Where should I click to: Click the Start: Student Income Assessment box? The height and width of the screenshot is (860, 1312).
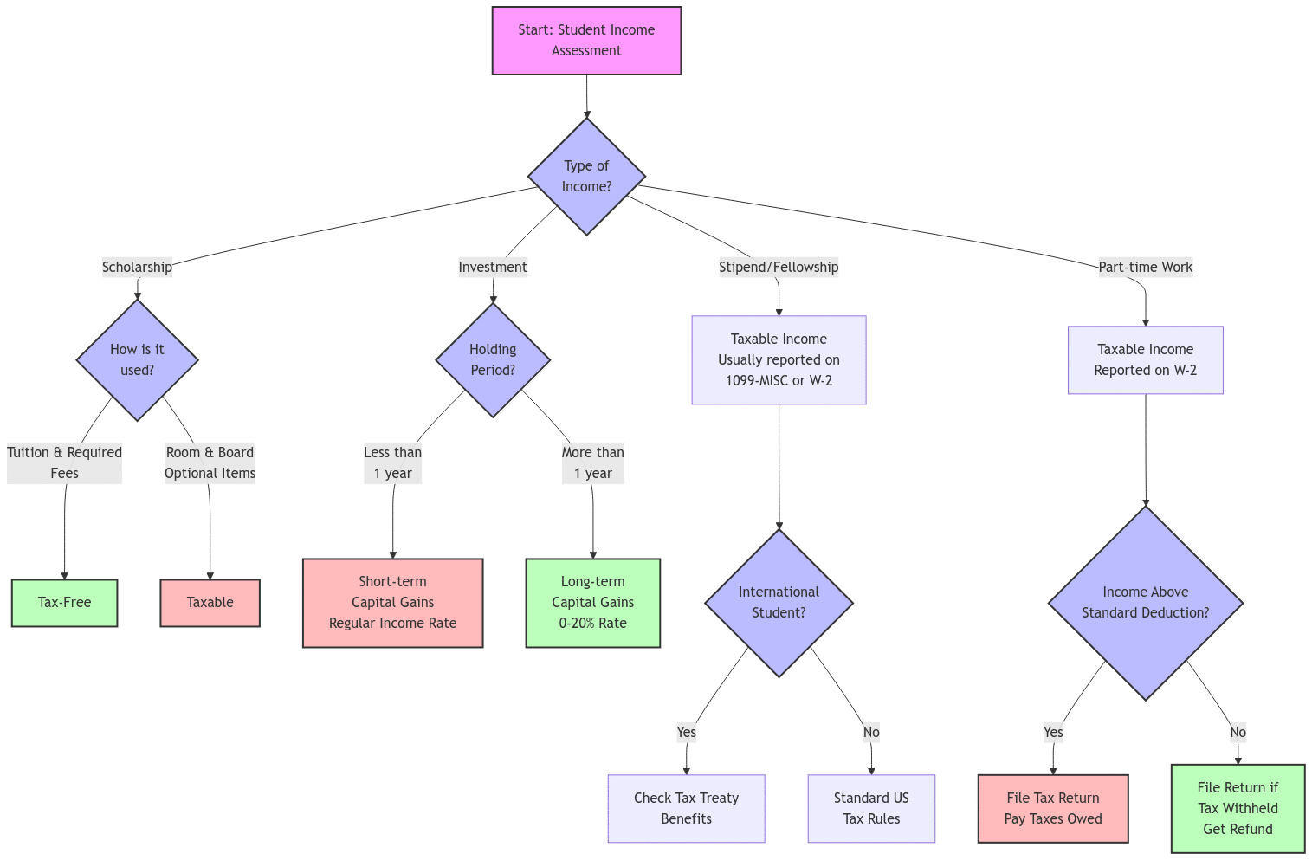pyautogui.click(x=586, y=41)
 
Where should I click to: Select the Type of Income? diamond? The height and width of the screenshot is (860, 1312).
pyautogui.click(x=586, y=176)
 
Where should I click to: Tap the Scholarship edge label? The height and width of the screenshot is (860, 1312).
pyautogui.click(x=137, y=267)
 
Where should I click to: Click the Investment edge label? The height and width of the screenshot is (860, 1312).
pyautogui.click(x=493, y=267)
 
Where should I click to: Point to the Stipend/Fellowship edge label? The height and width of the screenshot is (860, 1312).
pyautogui.click(x=779, y=267)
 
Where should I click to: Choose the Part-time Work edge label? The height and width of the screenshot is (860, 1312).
pyautogui.click(x=1145, y=267)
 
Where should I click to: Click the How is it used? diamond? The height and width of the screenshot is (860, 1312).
pyautogui.click(x=137, y=359)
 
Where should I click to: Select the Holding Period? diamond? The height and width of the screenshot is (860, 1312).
pyautogui.click(x=493, y=359)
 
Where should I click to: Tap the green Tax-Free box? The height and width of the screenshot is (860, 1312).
pyautogui.click(x=65, y=602)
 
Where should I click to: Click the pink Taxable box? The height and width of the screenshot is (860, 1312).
pyautogui.click(x=210, y=602)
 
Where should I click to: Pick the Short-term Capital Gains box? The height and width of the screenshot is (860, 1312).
pyautogui.click(x=392, y=602)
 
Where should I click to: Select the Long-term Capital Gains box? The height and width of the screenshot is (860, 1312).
pyautogui.click(x=593, y=602)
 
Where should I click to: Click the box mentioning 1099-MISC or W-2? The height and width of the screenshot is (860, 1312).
pyautogui.click(x=779, y=359)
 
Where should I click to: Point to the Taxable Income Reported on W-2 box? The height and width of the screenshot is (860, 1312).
pyautogui.click(x=1145, y=359)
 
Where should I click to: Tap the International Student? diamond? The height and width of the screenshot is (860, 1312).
pyautogui.click(x=779, y=602)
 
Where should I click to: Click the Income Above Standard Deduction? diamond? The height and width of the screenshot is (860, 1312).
pyautogui.click(x=1145, y=602)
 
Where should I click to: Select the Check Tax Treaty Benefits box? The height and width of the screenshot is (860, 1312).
pyautogui.click(x=686, y=808)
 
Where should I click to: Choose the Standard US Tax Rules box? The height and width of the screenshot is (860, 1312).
pyautogui.click(x=871, y=808)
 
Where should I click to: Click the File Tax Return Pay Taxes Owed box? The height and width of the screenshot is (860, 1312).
pyautogui.click(x=1053, y=808)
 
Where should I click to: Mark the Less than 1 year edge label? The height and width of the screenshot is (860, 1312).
pyautogui.click(x=392, y=462)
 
